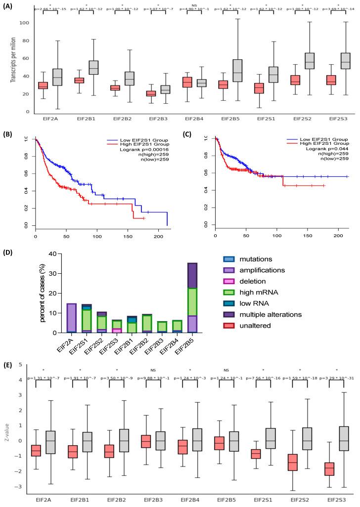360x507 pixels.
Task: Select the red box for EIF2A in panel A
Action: [x=43, y=85]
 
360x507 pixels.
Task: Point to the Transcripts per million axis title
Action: [x=12, y=60]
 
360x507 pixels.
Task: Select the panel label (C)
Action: [x=195, y=133]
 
